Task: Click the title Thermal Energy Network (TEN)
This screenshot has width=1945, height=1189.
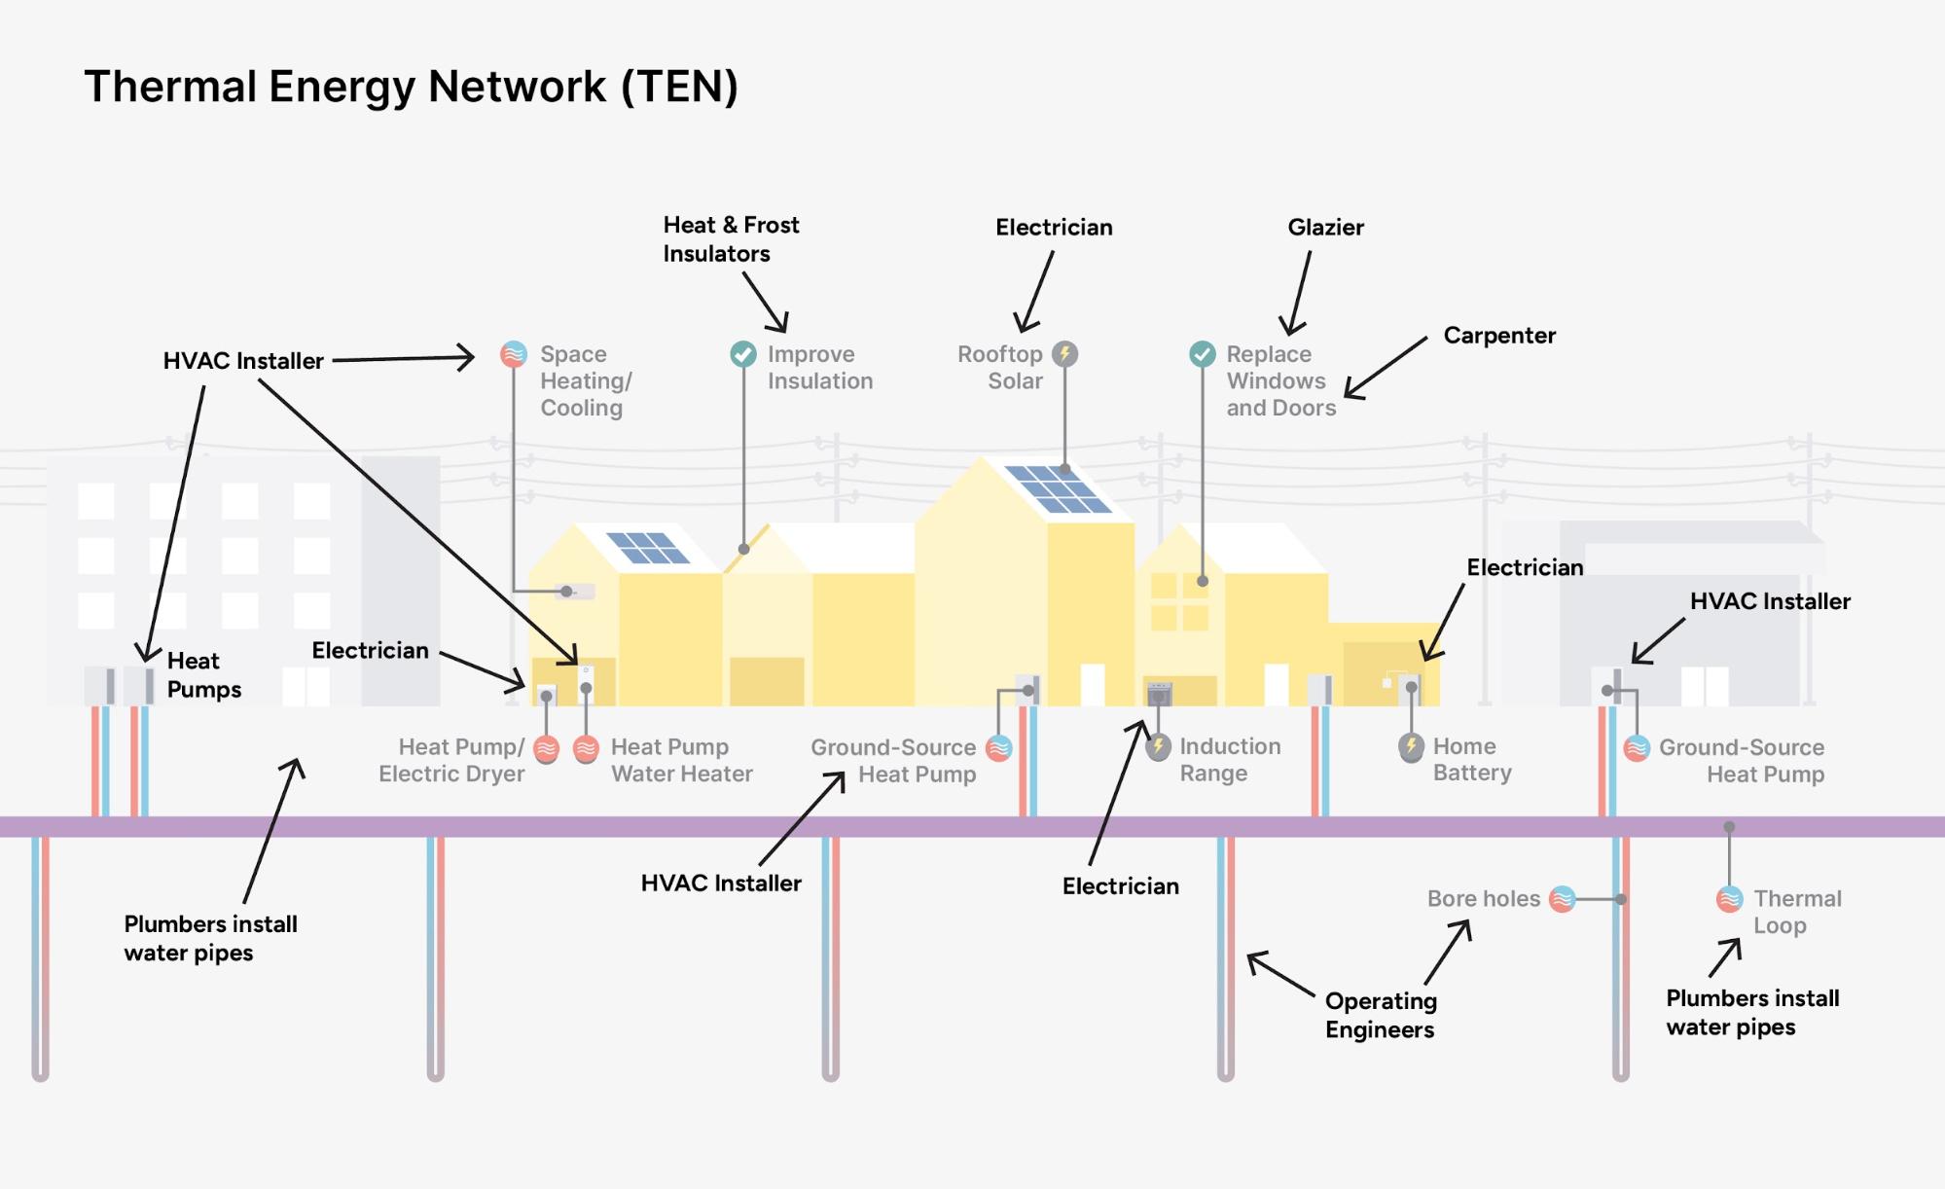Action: coord(411,87)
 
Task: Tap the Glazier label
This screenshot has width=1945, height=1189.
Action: coord(1325,227)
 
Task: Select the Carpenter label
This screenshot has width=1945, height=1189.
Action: coord(1498,336)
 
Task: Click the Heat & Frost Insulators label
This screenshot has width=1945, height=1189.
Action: coord(731,239)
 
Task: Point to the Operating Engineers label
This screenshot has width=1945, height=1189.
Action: coord(1380,1015)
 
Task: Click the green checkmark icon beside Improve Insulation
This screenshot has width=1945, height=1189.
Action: coord(743,354)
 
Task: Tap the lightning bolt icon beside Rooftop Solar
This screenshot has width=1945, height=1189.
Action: coord(1065,354)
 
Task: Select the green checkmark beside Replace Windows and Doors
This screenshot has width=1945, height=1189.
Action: coord(1203,354)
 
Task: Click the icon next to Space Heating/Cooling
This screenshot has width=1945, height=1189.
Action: coord(514,354)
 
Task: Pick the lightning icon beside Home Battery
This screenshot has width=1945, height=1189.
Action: coord(1411,746)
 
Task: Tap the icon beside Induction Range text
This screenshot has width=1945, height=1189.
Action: coord(1158,747)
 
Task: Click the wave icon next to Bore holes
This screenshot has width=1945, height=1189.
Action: coord(1562,899)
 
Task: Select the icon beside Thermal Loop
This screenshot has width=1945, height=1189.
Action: coord(1729,899)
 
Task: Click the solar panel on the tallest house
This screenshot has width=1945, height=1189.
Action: coord(1058,489)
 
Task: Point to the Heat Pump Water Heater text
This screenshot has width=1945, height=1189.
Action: coord(681,760)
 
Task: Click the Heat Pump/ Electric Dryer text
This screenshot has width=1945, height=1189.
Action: coord(452,760)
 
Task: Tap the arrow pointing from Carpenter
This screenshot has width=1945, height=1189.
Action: coord(1386,368)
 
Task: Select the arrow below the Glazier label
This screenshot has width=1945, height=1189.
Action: coord(1299,293)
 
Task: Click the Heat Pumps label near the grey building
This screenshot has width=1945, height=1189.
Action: coord(203,675)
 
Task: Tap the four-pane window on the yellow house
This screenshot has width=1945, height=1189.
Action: coord(1179,601)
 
